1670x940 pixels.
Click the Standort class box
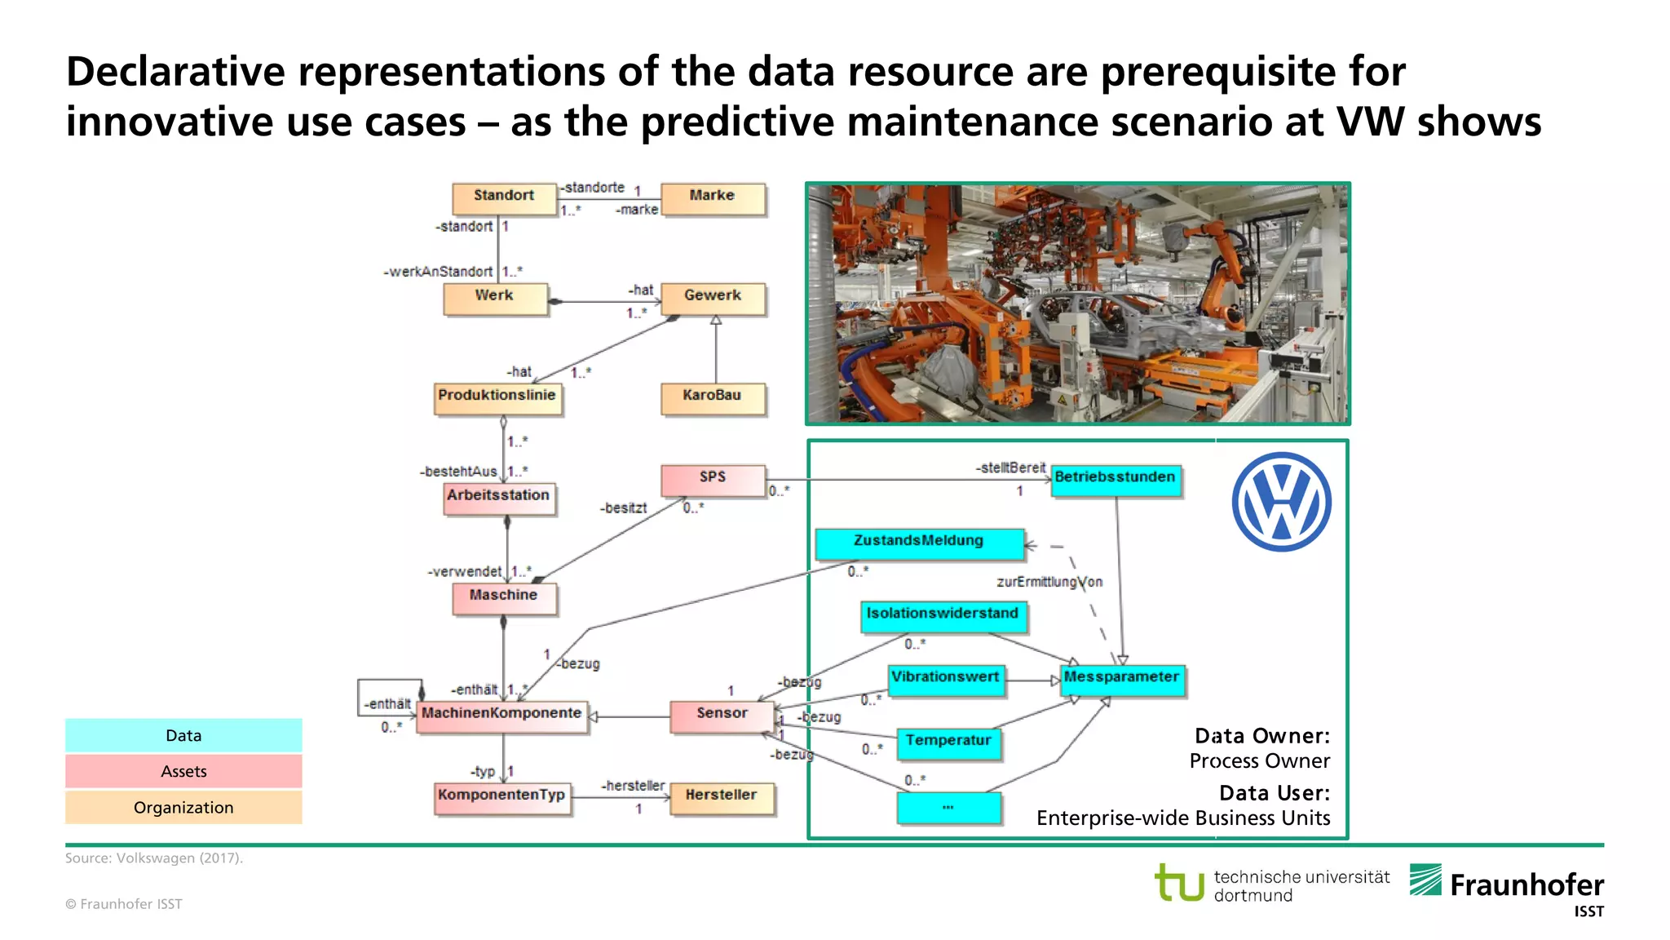pyautogui.click(x=504, y=198)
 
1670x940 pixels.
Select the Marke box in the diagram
pyautogui.click(x=713, y=198)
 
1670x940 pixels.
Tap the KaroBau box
pyautogui.click(x=713, y=397)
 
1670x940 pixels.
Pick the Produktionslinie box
pyautogui.click(x=497, y=397)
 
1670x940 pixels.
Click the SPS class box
pyautogui.click(x=713, y=479)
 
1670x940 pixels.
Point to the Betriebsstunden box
pyautogui.click(x=1115, y=479)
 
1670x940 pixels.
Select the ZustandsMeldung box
pyautogui.click(x=919, y=543)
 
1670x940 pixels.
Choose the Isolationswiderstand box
pyautogui.click(x=943, y=615)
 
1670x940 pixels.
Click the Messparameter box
pyautogui.click(x=1121, y=679)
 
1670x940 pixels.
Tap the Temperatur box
pyautogui.click(x=948, y=743)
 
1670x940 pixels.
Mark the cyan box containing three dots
pyautogui.click(x=948, y=808)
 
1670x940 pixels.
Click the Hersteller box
pyautogui.click(x=721, y=797)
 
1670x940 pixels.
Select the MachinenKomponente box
pyautogui.click(x=501, y=715)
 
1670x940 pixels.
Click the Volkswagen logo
pyautogui.click(x=1281, y=502)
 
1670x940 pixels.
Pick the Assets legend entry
pyautogui.click(x=183, y=771)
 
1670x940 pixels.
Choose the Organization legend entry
pyautogui.click(x=183, y=807)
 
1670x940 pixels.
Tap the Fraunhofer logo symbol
pyautogui.click(x=1425, y=880)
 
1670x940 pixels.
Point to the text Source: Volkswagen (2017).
pyautogui.click(x=154, y=858)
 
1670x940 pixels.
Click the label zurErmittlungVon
pyautogui.click(x=1049, y=582)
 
